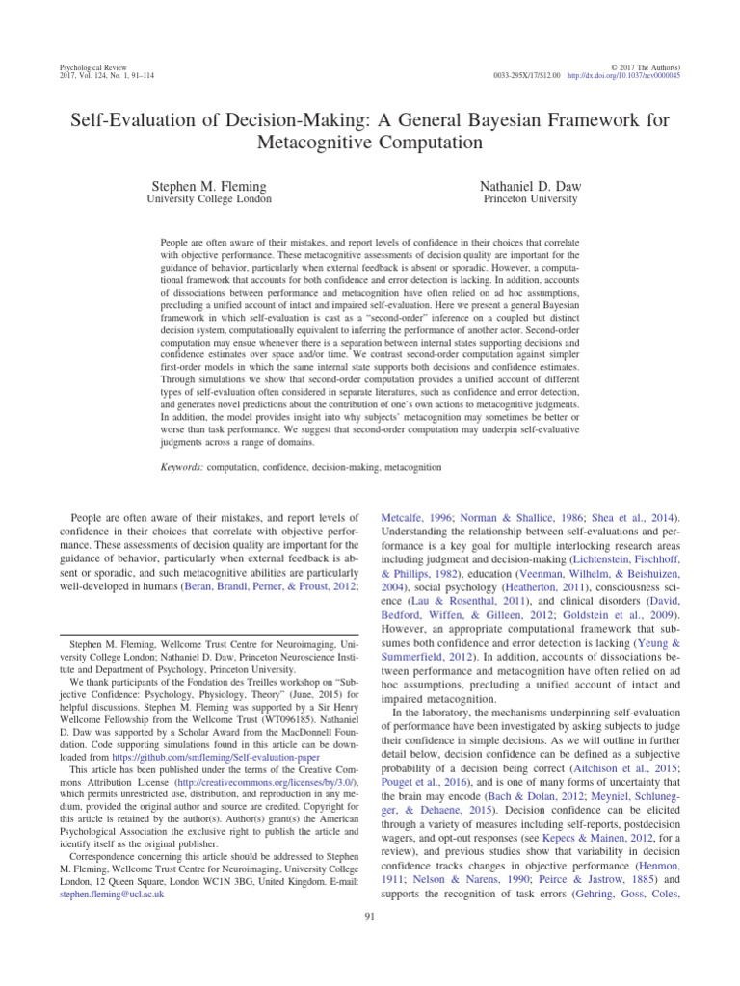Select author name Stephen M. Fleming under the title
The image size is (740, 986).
[x=208, y=183]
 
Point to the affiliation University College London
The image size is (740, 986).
[x=208, y=199]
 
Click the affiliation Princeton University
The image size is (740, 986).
[x=530, y=199]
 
